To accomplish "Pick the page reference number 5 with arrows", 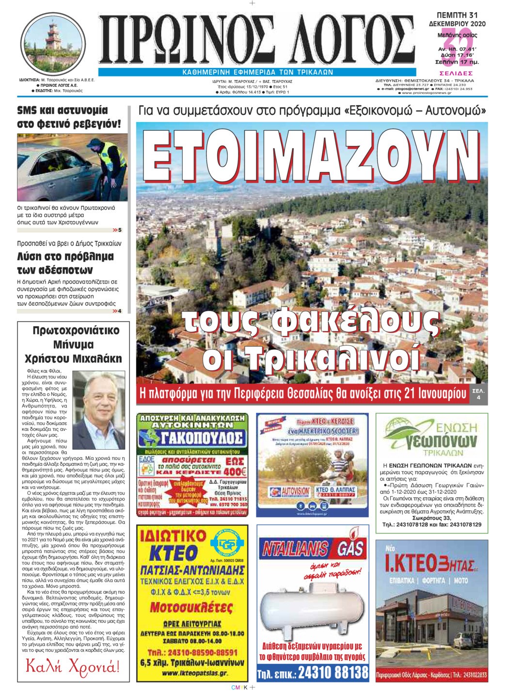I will [117, 230].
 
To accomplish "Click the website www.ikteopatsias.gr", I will [192, 674].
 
